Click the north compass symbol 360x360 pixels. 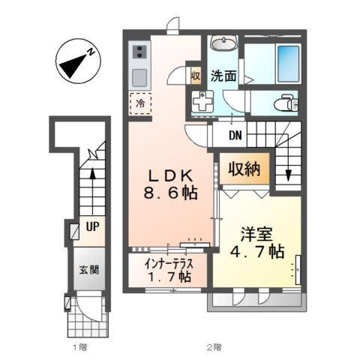[76, 63]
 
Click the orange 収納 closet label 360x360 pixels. [244, 169]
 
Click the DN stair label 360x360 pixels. [235, 136]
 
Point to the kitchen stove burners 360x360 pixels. [139, 52]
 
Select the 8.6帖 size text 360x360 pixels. [172, 193]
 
